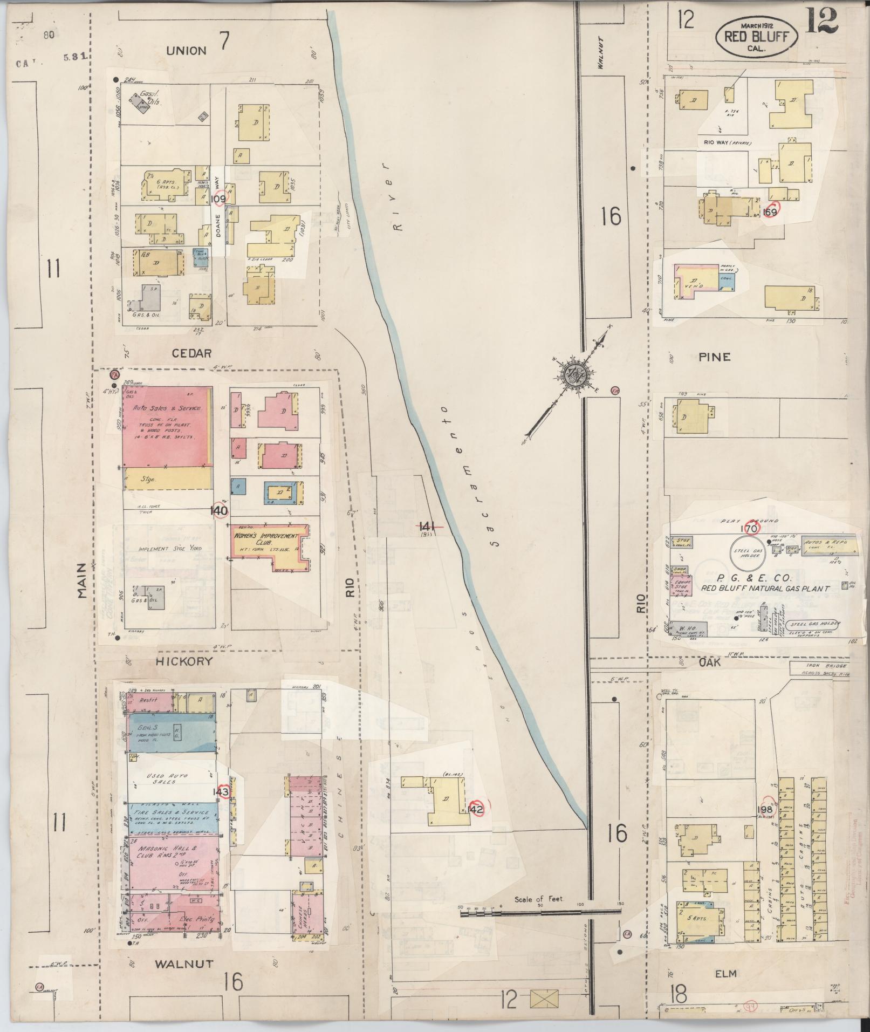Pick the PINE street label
pos(714,357)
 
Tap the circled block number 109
pos(219,199)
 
